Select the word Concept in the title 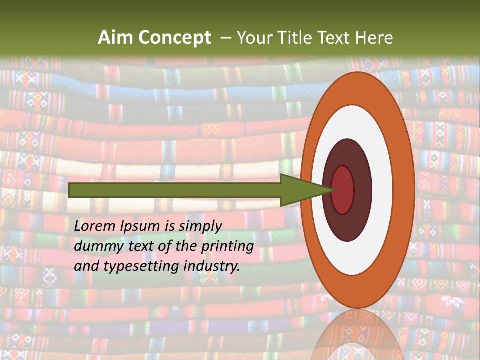[174, 38]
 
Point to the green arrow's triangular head [300, 190]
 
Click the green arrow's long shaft [175, 190]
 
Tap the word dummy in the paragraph [95, 246]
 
